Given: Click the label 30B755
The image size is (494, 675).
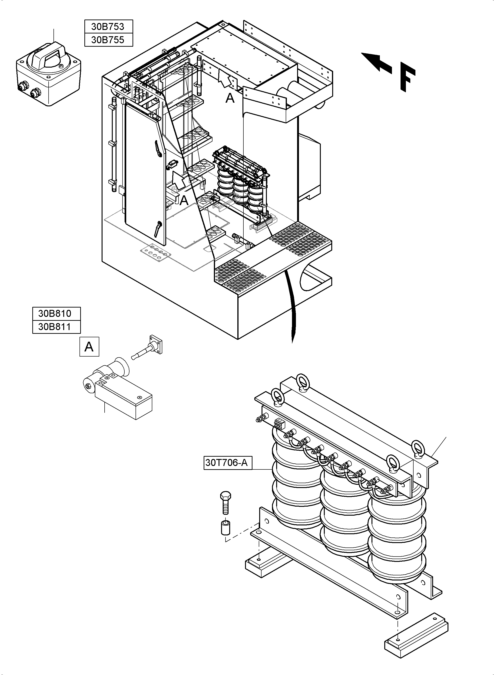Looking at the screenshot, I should (108, 40).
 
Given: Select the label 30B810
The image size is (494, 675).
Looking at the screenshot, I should (56, 313).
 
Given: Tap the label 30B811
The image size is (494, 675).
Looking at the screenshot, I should (56, 327).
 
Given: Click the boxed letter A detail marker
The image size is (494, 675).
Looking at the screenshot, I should (89, 347).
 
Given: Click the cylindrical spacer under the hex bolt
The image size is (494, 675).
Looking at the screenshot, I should (225, 528).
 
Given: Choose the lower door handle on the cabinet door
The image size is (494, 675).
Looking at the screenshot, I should (158, 228).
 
